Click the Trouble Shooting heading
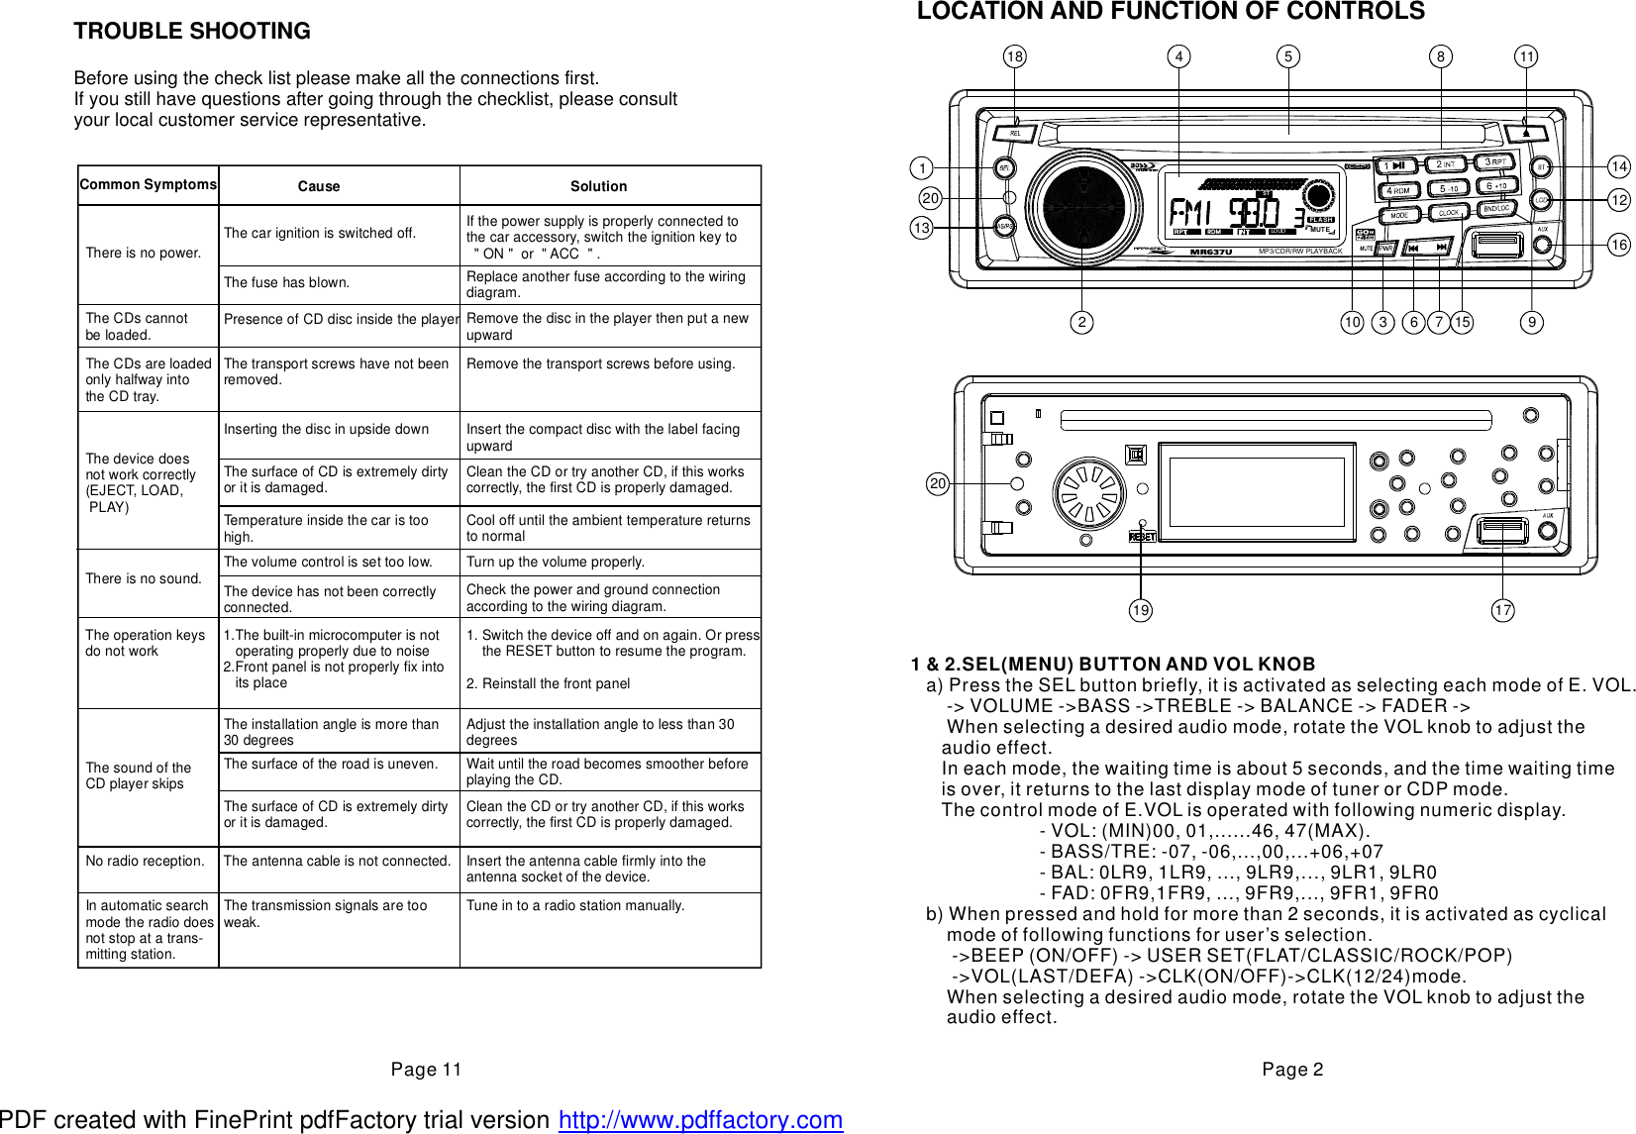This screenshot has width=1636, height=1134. [x=192, y=31]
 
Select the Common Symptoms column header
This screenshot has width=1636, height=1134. [x=148, y=184]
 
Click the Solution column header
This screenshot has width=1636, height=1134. [x=598, y=186]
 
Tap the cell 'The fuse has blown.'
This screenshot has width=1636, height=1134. [x=286, y=282]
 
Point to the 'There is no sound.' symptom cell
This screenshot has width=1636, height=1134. [x=144, y=578]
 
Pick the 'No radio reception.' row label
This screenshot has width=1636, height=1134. [x=145, y=861]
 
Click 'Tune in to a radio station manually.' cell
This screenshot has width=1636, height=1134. [x=575, y=905]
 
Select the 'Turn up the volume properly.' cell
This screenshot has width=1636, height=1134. [x=556, y=562]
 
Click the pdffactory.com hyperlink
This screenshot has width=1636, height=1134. [x=700, y=1119]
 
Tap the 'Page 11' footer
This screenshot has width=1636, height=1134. [x=426, y=1069]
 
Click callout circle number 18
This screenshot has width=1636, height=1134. [x=1014, y=56]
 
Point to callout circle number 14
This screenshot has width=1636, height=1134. [x=1619, y=166]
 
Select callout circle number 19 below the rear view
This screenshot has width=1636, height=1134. [x=1141, y=610]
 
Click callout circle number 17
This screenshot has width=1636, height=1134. [x=1503, y=610]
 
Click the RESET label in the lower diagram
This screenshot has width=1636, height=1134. [x=1142, y=536]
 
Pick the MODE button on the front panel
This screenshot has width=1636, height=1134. [x=1398, y=215]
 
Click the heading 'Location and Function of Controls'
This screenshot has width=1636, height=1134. [x=1171, y=12]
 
